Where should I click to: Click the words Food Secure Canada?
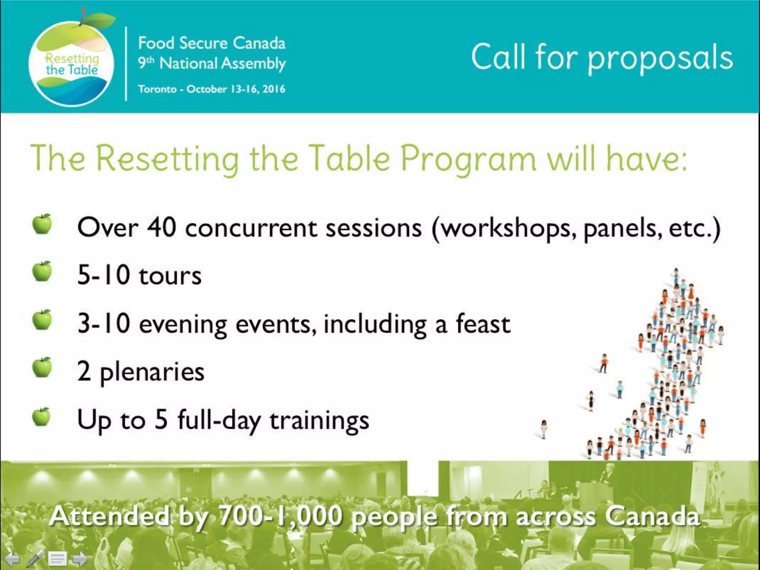tap(212, 43)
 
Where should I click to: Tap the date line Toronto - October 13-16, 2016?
tap(212, 89)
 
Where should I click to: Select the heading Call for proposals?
tap(602, 58)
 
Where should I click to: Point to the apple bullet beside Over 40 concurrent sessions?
tap(42, 224)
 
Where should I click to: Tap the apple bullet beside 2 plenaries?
tap(42, 368)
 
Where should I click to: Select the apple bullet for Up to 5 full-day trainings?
tap(41, 417)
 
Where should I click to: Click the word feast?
tap(482, 324)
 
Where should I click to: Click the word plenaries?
tap(152, 372)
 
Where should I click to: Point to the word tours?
tap(170, 276)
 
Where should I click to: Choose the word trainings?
tap(319, 421)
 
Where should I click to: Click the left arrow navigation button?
tap(12, 558)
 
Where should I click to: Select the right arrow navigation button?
tap(79, 558)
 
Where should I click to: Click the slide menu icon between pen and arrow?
tap(58, 558)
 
